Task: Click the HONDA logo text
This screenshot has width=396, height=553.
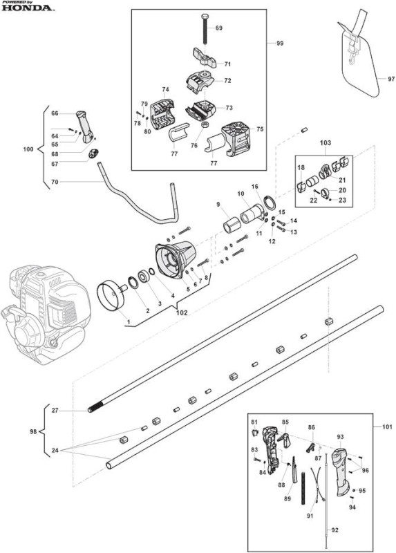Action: pyautogui.click(x=28, y=8)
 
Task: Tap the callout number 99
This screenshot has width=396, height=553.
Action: pyautogui.click(x=280, y=44)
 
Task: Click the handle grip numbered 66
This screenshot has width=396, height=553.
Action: pyautogui.click(x=85, y=126)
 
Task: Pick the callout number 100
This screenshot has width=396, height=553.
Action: pyautogui.click(x=28, y=149)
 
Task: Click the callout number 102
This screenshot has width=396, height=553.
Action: pyautogui.click(x=182, y=312)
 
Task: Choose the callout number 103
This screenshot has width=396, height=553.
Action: pyautogui.click(x=325, y=143)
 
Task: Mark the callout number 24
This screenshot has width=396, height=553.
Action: pyautogui.click(x=55, y=451)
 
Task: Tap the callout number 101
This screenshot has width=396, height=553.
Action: pyautogui.click(x=387, y=427)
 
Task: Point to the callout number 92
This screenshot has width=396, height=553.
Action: pyautogui.click(x=334, y=530)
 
